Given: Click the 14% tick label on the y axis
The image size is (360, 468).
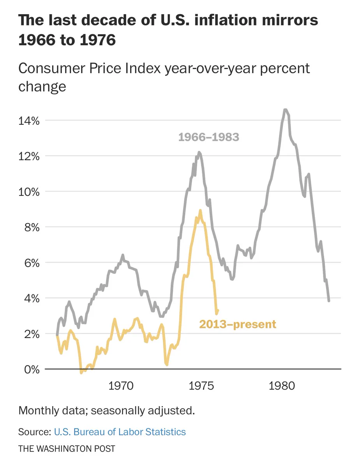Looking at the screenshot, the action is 29,121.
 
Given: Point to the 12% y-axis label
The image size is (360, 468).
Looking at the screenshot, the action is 29,156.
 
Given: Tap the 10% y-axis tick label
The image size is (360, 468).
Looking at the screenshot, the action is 29,192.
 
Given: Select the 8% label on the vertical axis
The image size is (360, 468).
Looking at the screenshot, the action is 32,228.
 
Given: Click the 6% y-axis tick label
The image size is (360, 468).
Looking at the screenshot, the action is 32,263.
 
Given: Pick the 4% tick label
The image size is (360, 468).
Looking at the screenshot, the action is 32,299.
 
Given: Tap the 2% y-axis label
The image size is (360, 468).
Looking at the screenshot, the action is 32,335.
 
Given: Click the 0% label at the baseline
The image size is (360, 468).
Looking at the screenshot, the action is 32,370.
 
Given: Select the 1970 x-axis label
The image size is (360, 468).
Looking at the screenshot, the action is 121,386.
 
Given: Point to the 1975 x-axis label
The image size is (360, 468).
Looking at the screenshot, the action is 201,386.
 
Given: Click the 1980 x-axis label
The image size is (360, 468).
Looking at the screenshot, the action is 282,386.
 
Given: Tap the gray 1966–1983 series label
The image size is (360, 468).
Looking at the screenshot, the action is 208,137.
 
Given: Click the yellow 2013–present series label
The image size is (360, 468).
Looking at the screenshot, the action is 238,324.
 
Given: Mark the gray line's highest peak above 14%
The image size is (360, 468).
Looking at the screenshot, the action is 285,110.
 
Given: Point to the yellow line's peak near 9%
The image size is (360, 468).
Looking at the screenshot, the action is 200,211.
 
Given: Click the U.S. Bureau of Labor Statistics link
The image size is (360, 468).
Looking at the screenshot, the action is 120,432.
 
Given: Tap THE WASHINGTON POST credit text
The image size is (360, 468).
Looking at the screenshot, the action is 67,449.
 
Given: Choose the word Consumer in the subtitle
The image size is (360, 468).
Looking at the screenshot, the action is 52,69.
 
